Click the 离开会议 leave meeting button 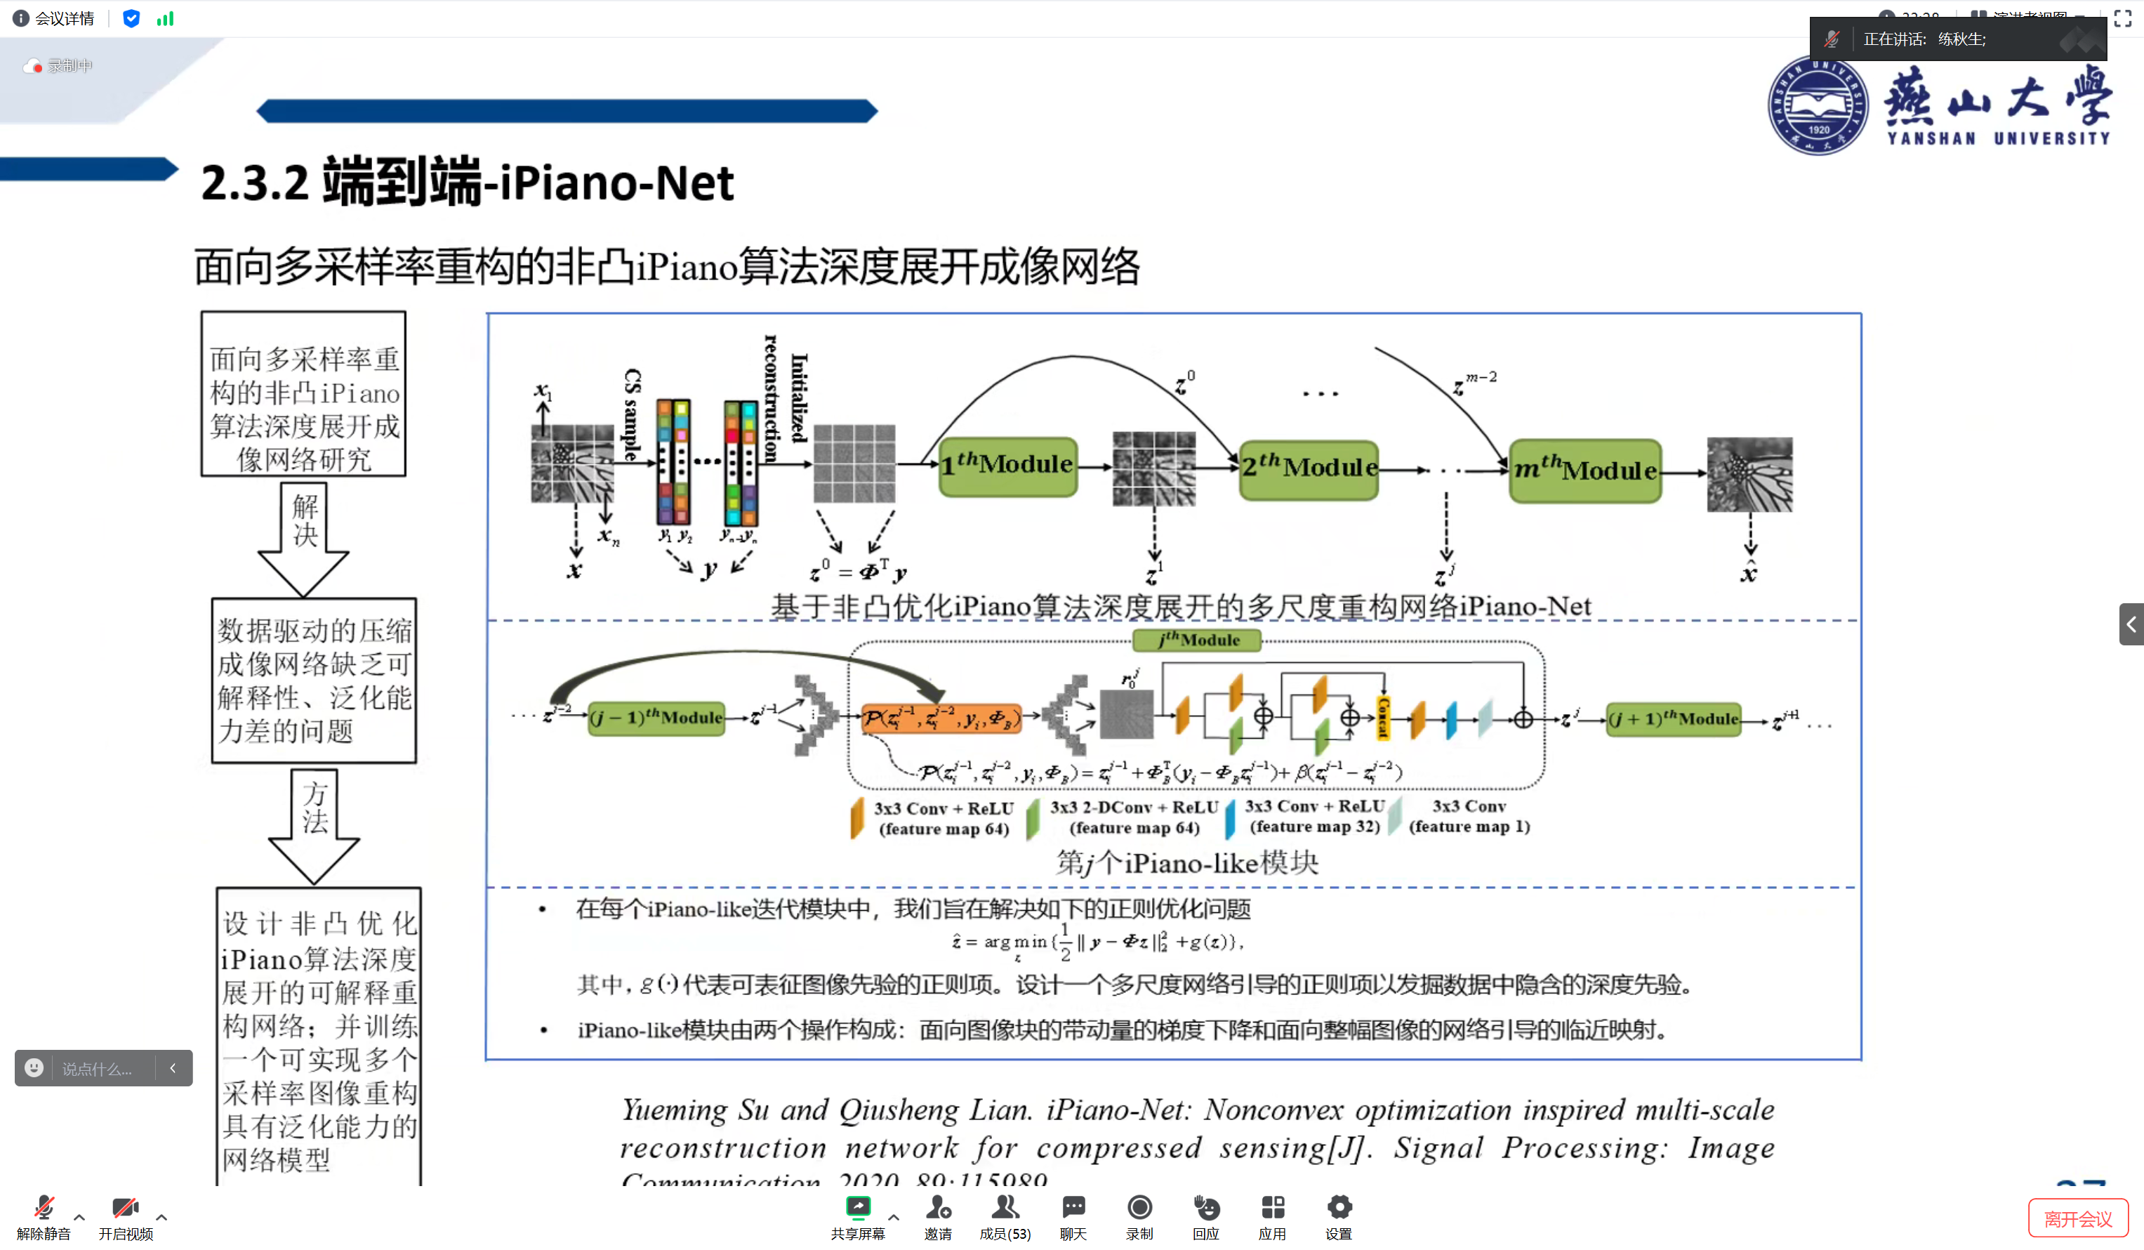click(2077, 1218)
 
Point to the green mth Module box click(1585, 471)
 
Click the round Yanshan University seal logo click(1818, 105)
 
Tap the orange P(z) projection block click(941, 719)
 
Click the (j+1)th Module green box click(1673, 719)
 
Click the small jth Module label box click(1197, 640)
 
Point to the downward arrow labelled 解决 click(304, 536)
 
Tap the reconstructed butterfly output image click(1749, 474)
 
